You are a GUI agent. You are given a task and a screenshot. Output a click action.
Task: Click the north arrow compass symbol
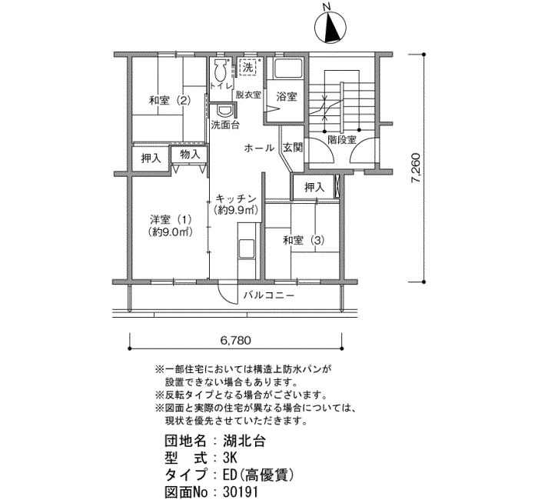point(330,28)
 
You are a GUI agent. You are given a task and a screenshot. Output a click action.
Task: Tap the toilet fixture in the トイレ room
point(220,71)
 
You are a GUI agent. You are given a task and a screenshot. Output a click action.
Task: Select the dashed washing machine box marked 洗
point(247,68)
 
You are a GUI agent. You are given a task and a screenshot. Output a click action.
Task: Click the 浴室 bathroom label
point(287,97)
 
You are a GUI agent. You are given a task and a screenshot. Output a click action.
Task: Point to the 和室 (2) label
point(170,101)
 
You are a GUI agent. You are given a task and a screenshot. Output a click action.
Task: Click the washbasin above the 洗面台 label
point(224,111)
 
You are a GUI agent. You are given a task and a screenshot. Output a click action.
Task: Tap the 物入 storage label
point(190,154)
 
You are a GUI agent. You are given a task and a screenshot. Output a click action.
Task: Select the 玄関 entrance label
point(293,148)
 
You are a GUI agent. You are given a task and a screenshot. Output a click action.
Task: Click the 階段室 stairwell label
point(342,140)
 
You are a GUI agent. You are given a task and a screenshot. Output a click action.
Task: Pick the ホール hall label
point(259,148)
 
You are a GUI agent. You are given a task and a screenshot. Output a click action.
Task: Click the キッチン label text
point(237,198)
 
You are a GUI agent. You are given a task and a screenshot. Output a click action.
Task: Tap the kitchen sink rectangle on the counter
point(247,248)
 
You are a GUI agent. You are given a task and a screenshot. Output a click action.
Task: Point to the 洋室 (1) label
point(170,219)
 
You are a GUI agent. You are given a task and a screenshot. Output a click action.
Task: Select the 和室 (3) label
point(304,240)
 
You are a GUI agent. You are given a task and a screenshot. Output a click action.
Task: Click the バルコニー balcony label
point(269,295)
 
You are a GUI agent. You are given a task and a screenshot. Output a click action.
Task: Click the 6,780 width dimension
point(235,340)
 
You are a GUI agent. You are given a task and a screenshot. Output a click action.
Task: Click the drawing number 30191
point(240,492)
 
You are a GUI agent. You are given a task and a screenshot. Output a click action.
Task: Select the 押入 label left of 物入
point(151,158)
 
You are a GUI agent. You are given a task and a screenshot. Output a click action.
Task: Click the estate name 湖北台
point(244,441)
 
